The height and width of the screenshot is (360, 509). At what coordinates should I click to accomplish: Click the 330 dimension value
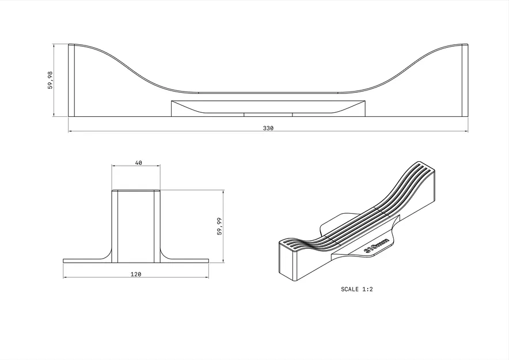point(268,128)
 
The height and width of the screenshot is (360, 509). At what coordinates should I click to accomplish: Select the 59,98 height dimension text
point(50,80)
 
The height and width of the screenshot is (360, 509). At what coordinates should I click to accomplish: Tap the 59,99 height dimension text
point(219,226)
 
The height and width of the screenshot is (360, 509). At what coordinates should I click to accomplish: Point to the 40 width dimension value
point(138,163)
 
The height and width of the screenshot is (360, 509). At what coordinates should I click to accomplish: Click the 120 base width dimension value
point(136,274)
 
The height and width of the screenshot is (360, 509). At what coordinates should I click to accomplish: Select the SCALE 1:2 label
point(357,289)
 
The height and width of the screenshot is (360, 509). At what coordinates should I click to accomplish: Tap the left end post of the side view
point(71,79)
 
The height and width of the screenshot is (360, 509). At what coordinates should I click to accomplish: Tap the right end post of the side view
point(465,79)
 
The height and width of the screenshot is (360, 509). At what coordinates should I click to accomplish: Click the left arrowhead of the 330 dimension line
point(71,131)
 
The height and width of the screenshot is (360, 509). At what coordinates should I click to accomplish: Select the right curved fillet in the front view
point(164,254)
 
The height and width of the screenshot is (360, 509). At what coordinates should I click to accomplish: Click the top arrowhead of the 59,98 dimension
point(54,46)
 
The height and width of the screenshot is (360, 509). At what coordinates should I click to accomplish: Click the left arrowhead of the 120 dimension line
point(66,278)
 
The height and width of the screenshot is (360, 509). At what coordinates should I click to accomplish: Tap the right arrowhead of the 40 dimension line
point(158,166)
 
